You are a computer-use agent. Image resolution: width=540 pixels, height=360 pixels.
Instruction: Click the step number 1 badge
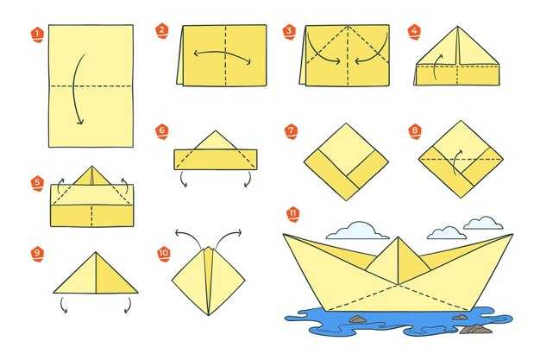(x=38, y=35)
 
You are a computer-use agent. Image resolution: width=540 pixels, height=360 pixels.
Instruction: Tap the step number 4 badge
(x=414, y=32)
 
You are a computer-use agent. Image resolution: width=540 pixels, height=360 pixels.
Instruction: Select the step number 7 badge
(x=292, y=131)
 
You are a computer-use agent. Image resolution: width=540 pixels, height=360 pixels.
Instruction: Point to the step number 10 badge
(x=164, y=254)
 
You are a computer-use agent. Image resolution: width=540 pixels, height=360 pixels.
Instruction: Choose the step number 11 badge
(x=293, y=214)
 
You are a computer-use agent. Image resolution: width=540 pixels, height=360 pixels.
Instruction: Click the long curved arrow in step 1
(x=75, y=89)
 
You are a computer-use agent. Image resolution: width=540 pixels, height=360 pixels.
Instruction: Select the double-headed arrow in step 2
(x=223, y=55)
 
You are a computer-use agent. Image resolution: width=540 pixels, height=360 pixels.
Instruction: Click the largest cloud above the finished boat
(x=357, y=231)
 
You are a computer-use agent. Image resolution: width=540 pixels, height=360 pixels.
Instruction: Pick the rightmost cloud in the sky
(x=483, y=223)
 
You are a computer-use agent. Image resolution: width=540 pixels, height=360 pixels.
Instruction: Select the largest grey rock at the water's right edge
(x=476, y=330)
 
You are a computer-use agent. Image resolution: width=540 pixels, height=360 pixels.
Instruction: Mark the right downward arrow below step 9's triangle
(x=129, y=305)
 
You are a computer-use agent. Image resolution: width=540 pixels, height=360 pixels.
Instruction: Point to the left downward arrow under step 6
(x=183, y=180)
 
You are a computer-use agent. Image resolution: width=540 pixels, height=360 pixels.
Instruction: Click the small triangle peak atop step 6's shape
(x=216, y=140)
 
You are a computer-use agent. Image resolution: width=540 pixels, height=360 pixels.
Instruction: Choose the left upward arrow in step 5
(x=60, y=186)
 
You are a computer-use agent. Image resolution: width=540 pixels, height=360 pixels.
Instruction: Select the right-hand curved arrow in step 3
(x=375, y=52)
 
